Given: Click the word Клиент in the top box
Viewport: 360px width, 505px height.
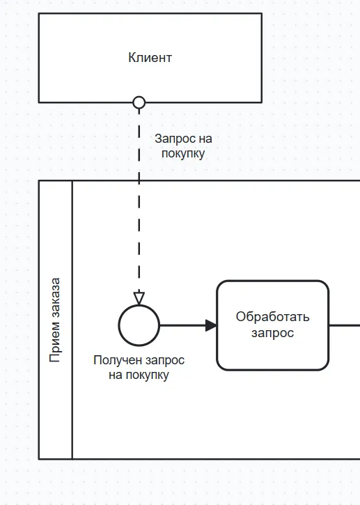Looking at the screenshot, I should click(150, 58).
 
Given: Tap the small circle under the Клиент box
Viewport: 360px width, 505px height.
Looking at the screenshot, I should click(139, 102).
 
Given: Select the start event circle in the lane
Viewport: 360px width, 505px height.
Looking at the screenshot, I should click(139, 325).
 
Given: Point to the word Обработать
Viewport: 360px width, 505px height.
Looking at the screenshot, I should click(272, 317).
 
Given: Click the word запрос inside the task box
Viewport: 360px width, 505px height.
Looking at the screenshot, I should click(272, 333).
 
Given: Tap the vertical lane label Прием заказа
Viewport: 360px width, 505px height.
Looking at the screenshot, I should click(56, 320).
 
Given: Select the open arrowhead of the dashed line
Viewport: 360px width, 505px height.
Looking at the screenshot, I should click(139, 297).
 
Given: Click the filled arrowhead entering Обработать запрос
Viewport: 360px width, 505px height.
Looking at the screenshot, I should click(211, 325).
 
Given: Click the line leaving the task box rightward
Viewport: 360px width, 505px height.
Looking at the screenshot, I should click(344, 325).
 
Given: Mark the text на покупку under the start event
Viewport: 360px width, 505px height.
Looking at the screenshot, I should click(139, 375).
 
